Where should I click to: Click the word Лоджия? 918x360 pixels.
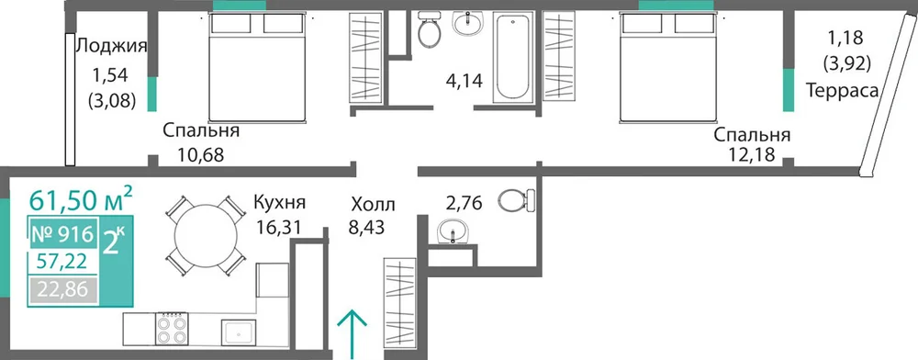point(111,46)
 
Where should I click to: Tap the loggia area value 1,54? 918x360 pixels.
point(109,74)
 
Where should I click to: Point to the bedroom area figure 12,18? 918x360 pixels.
point(752,155)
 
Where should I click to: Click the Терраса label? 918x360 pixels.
point(843,91)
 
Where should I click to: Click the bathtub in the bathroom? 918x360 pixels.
point(513,58)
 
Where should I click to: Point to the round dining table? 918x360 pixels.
point(206,236)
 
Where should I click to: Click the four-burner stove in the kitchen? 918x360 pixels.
point(172,329)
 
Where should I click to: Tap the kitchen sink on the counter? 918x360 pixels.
point(240,332)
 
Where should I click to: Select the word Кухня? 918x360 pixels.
point(279,203)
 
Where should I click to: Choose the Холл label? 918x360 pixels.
point(374,206)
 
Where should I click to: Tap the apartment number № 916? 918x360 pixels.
point(62,235)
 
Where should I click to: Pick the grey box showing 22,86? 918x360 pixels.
point(62,289)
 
